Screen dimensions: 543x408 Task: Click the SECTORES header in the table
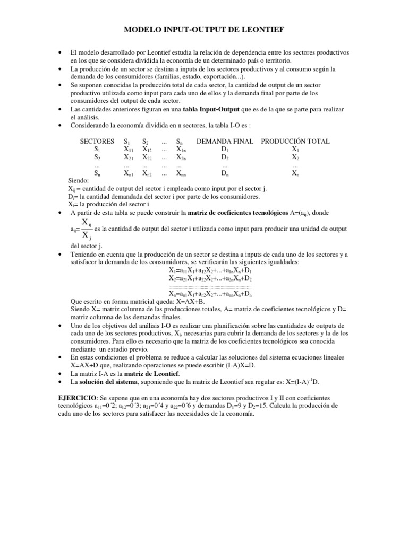point(97,142)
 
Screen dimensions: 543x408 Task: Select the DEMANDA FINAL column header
point(225,142)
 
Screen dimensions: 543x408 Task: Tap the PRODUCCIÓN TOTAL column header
point(295,142)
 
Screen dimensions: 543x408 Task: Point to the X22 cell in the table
point(147,158)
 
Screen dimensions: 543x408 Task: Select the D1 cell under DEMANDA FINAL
point(225,150)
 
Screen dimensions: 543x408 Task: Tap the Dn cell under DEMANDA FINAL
point(225,173)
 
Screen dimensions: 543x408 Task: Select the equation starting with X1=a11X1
point(210,270)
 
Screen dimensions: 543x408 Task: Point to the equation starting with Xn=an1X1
point(210,293)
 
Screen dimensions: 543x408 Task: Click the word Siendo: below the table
point(80,181)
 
